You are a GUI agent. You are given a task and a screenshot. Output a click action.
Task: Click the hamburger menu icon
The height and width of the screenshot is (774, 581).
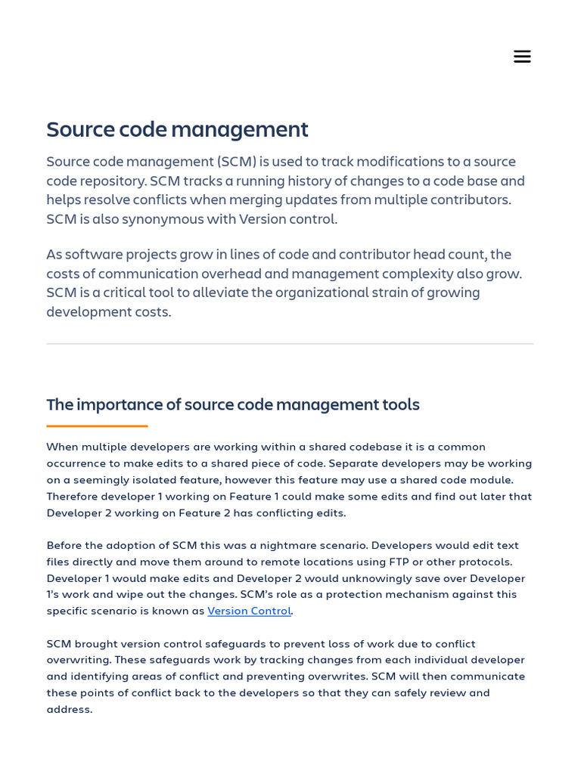tap(522, 57)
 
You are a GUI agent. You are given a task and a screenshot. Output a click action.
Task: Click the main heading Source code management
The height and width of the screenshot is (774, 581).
tap(177, 129)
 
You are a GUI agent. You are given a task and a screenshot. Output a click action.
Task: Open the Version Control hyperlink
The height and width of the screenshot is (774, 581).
tap(249, 611)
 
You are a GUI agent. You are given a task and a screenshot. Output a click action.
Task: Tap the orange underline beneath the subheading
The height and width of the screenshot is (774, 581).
tap(97, 426)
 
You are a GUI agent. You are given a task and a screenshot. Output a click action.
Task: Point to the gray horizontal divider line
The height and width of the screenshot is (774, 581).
tap(290, 344)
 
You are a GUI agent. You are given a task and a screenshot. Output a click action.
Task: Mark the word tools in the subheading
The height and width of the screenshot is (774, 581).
tap(400, 404)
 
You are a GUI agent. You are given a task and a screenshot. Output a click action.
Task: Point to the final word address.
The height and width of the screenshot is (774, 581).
tap(69, 709)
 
